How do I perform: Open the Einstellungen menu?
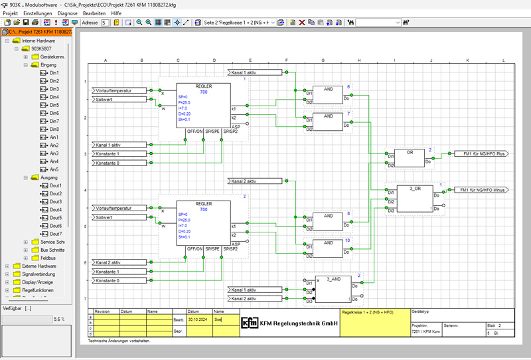(x=38, y=13)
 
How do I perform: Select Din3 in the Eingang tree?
(x=54, y=89)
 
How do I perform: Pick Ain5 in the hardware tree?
(x=54, y=169)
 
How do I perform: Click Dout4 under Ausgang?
(x=55, y=210)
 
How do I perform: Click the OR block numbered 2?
(x=410, y=157)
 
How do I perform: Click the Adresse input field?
(x=106, y=23)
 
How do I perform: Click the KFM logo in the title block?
(x=250, y=323)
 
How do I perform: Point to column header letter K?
(x=467, y=60)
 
